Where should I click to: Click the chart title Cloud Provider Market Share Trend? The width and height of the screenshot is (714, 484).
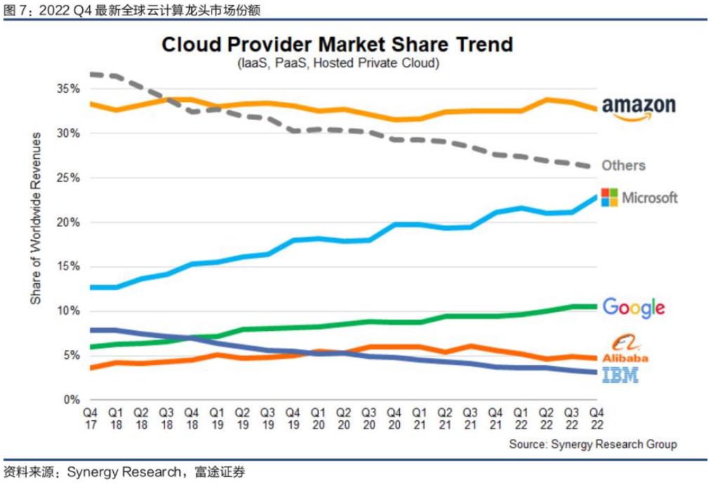(337, 44)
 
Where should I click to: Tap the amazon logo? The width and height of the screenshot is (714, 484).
(638, 107)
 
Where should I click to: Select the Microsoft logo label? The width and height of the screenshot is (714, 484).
(640, 197)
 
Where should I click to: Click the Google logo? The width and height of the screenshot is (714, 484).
(633, 307)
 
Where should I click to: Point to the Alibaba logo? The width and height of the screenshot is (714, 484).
(624, 349)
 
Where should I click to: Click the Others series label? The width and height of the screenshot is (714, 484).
(623, 166)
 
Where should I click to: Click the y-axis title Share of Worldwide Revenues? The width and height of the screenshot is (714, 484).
(36, 218)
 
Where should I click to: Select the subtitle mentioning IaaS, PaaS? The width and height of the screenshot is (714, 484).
(337, 63)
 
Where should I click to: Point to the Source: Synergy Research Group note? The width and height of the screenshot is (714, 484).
(593, 444)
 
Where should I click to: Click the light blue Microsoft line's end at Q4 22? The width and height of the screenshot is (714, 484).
(595, 197)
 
